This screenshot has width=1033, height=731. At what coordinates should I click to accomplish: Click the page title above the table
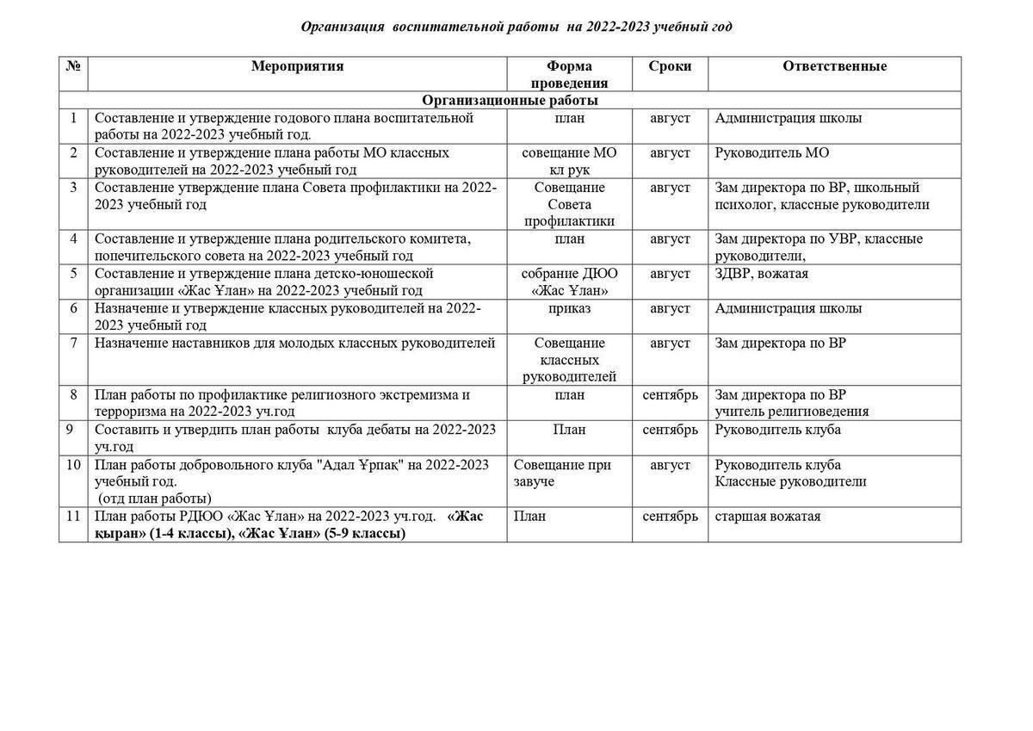(x=516, y=27)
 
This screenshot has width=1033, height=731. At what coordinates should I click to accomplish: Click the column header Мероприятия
(x=297, y=66)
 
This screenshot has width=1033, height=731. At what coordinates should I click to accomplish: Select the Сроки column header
(x=670, y=66)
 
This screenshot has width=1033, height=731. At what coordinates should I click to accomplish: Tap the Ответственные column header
(x=834, y=66)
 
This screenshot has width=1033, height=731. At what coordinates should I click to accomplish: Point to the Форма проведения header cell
(x=569, y=75)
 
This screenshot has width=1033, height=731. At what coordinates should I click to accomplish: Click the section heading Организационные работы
(x=510, y=100)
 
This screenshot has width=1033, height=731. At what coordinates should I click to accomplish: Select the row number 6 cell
(x=73, y=308)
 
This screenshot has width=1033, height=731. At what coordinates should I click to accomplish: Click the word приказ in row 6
(x=569, y=308)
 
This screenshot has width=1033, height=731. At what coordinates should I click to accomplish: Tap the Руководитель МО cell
(x=772, y=152)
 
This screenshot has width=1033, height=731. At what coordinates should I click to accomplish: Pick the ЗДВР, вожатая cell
(x=761, y=274)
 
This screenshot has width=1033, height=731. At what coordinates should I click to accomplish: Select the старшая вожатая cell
(x=768, y=517)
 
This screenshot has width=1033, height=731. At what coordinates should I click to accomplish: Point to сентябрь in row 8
(x=670, y=395)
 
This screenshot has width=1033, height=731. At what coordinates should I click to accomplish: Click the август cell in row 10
(x=670, y=465)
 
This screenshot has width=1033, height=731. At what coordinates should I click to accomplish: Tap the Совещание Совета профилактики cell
(x=569, y=204)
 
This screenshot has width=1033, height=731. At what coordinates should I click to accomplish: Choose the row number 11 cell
(x=73, y=517)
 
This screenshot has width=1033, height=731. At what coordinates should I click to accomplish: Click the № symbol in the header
(x=73, y=66)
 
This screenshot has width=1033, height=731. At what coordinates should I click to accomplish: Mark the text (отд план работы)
(x=154, y=499)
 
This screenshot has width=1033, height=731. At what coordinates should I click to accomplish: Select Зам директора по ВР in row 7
(x=780, y=343)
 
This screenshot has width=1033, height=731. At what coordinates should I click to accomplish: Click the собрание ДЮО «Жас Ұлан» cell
(x=569, y=282)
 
